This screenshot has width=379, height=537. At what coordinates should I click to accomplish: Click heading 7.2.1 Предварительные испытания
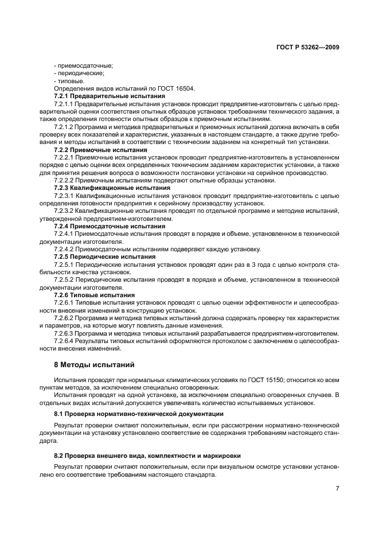coord(96,96)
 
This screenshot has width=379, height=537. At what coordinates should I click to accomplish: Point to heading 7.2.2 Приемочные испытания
coord(92,149)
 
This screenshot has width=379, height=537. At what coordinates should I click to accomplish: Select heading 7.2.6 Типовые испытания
coord(87,295)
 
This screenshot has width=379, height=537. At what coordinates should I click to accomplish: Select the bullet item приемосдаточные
coord(83,65)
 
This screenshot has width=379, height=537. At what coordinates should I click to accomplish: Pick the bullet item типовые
coord(70,81)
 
